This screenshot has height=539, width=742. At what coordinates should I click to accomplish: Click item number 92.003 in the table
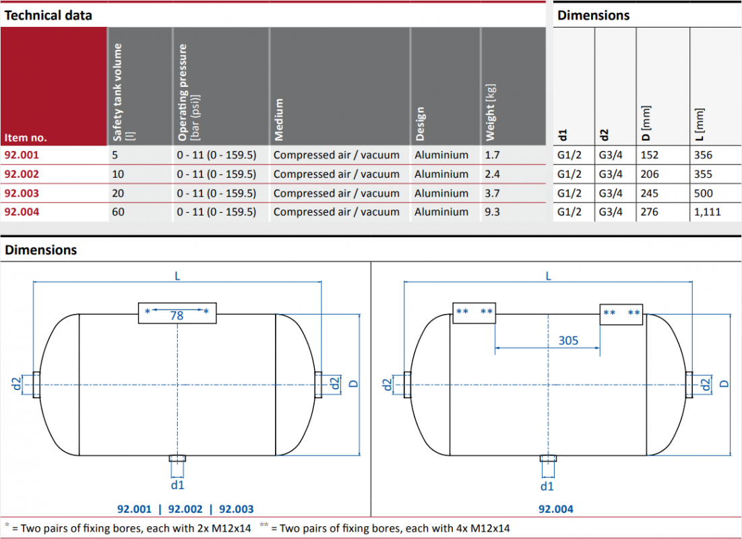pos(22,193)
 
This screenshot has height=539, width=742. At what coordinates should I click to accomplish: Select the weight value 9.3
pos(492,212)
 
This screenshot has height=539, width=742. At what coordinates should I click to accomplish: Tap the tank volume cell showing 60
pos(119,212)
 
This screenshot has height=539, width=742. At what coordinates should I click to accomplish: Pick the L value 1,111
pos(708,212)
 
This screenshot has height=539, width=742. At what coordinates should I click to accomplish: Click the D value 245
pos(650,193)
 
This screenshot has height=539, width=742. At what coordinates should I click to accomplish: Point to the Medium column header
pos(279,120)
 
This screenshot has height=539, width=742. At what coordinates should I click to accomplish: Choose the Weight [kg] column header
pos(490,113)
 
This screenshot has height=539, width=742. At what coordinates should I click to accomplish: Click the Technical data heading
pos(49,15)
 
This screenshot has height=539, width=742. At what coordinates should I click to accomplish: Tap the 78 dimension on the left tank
pos(177,315)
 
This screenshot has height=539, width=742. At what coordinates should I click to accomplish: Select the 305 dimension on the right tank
pos(568,341)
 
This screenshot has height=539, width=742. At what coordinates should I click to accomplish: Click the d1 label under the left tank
pos(177,485)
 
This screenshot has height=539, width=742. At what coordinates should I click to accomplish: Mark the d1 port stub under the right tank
pos(548,458)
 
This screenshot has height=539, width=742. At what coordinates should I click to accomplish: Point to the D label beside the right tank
pos(724,383)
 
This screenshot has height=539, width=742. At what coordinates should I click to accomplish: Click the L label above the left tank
pos(177,276)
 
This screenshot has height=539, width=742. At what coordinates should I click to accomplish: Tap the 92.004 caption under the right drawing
pos(556,509)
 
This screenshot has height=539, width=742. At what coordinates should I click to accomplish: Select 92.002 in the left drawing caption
pos(185,509)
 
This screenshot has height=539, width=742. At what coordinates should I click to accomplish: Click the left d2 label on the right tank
pos(387,384)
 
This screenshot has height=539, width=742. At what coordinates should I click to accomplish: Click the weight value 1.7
pos(492,155)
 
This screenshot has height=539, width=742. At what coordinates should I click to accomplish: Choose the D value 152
pos(650,155)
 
